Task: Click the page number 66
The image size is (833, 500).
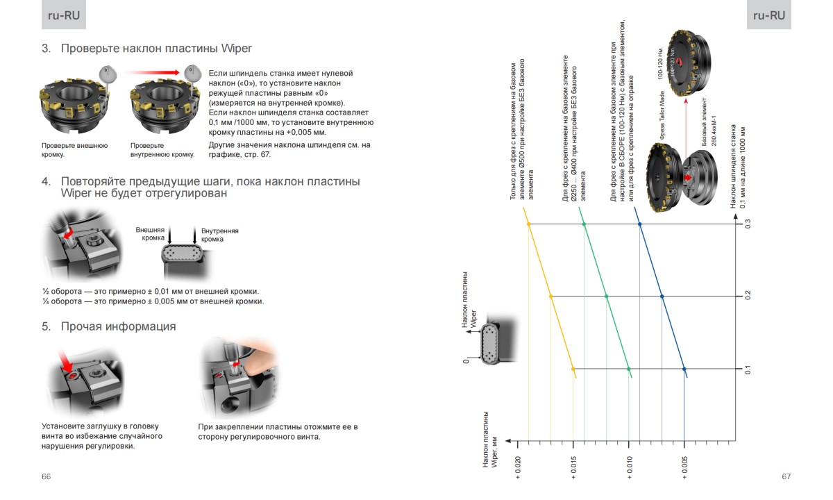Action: tap(47, 476)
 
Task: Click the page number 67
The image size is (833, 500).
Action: tap(786, 476)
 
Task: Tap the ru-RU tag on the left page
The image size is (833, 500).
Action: tap(63, 16)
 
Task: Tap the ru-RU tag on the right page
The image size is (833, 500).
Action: tap(769, 16)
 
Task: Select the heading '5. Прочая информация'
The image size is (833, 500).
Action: tap(108, 326)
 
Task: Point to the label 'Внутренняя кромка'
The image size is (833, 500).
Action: tap(220, 235)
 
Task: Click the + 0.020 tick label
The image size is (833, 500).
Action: tap(518, 467)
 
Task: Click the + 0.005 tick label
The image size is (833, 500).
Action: tap(684, 467)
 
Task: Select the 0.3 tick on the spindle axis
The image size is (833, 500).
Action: tap(748, 224)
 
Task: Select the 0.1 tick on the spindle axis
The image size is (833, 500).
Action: tap(748, 369)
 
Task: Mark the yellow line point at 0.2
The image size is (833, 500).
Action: tap(551, 297)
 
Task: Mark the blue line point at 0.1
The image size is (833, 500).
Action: tap(684, 369)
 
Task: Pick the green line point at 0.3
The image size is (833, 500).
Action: tap(584, 224)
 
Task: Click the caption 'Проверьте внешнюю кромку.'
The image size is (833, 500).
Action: tap(74, 150)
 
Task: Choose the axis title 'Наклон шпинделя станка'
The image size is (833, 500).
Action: tap(732, 167)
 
